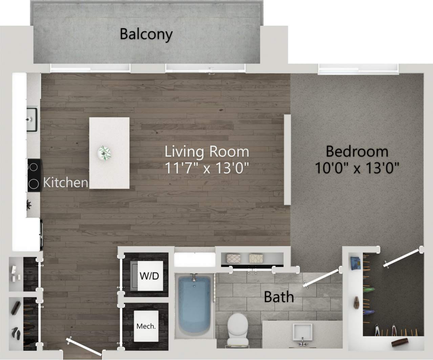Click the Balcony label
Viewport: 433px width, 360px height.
[146, 34]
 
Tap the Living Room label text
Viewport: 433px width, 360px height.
[207, 151]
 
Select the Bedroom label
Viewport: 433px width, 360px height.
[357, 151]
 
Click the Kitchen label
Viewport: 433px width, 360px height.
[65, 183]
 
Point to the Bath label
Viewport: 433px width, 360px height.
[279, 297]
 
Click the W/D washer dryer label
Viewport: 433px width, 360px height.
[149, 276]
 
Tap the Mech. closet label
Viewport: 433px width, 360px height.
[146, 326]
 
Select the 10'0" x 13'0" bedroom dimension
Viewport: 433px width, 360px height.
[357, 168]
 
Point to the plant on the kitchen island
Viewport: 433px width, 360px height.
[104, 153]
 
